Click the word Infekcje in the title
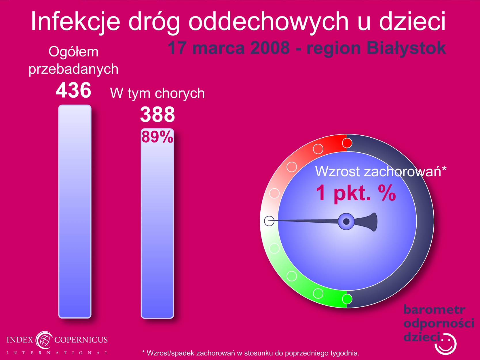tap(76, 21)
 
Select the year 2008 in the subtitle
tap(270, 48)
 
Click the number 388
tap(158, 114)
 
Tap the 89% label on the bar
tap(157, 137)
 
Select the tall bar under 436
tap(75, 211)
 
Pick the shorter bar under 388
tap(157, 223)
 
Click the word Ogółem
tap(73, 52)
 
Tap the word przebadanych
tap(73, 69)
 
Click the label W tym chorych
tap(158, 93)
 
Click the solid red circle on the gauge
tap(347, 143)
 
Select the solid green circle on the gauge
tap(347, 299)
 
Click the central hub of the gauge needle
tap(346, 221)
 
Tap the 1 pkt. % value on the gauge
tap(356, 193)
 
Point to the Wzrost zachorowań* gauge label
tap(381, 171)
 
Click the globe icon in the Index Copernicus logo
tap(44, 340)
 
